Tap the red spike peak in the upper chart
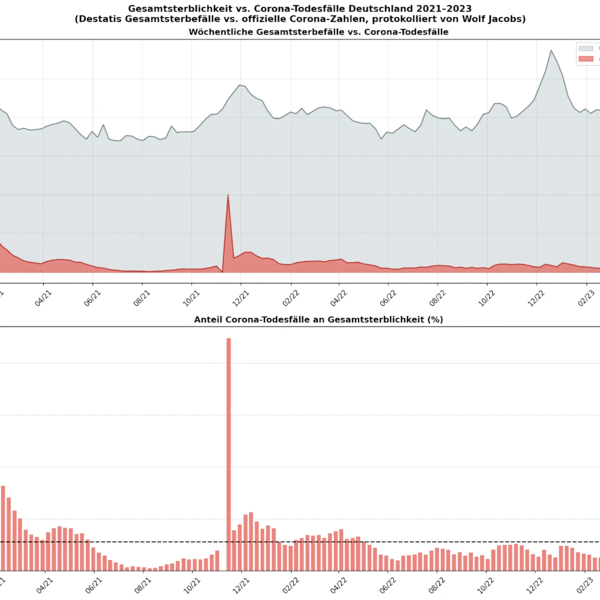click(x=228, y=195)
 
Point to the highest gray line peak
click(x=551, y=50)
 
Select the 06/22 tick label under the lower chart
click(x=387, y=585)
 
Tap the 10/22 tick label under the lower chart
click(x=486, y=585)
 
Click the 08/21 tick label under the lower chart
click(x=142, y=585)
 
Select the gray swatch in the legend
click(x=585, y=48)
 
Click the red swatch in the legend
click(x=585, y=59)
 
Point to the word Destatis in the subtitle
click(x=100, y=19)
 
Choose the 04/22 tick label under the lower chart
click(x=338, y=585)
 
